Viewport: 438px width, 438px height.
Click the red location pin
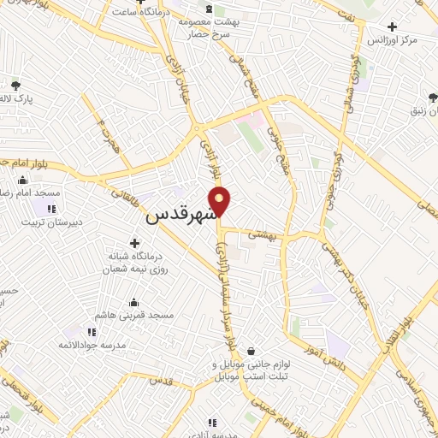tap(220, 200)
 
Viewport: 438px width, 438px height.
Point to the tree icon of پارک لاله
tap(15, 85)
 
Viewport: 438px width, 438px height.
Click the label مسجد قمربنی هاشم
tap(134, 315)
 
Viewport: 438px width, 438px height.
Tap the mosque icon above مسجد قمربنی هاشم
tap(134, 302)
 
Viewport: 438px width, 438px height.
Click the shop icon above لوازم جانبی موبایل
tap(252, 350)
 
